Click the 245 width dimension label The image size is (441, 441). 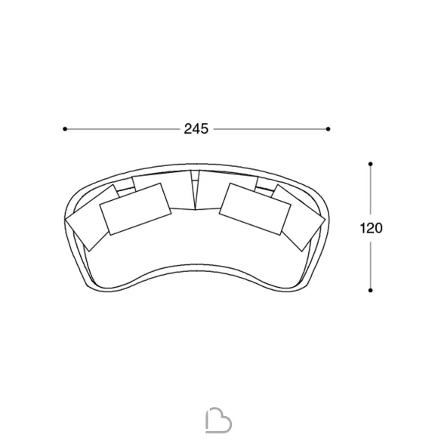196,129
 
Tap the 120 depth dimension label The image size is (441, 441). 371,228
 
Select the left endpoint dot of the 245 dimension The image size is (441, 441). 65,129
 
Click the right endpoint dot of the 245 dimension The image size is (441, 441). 328,129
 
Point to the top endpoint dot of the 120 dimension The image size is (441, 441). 371,164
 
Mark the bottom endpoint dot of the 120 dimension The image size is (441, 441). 371,290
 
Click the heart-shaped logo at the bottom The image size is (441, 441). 218,420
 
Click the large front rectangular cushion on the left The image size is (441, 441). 136,209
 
